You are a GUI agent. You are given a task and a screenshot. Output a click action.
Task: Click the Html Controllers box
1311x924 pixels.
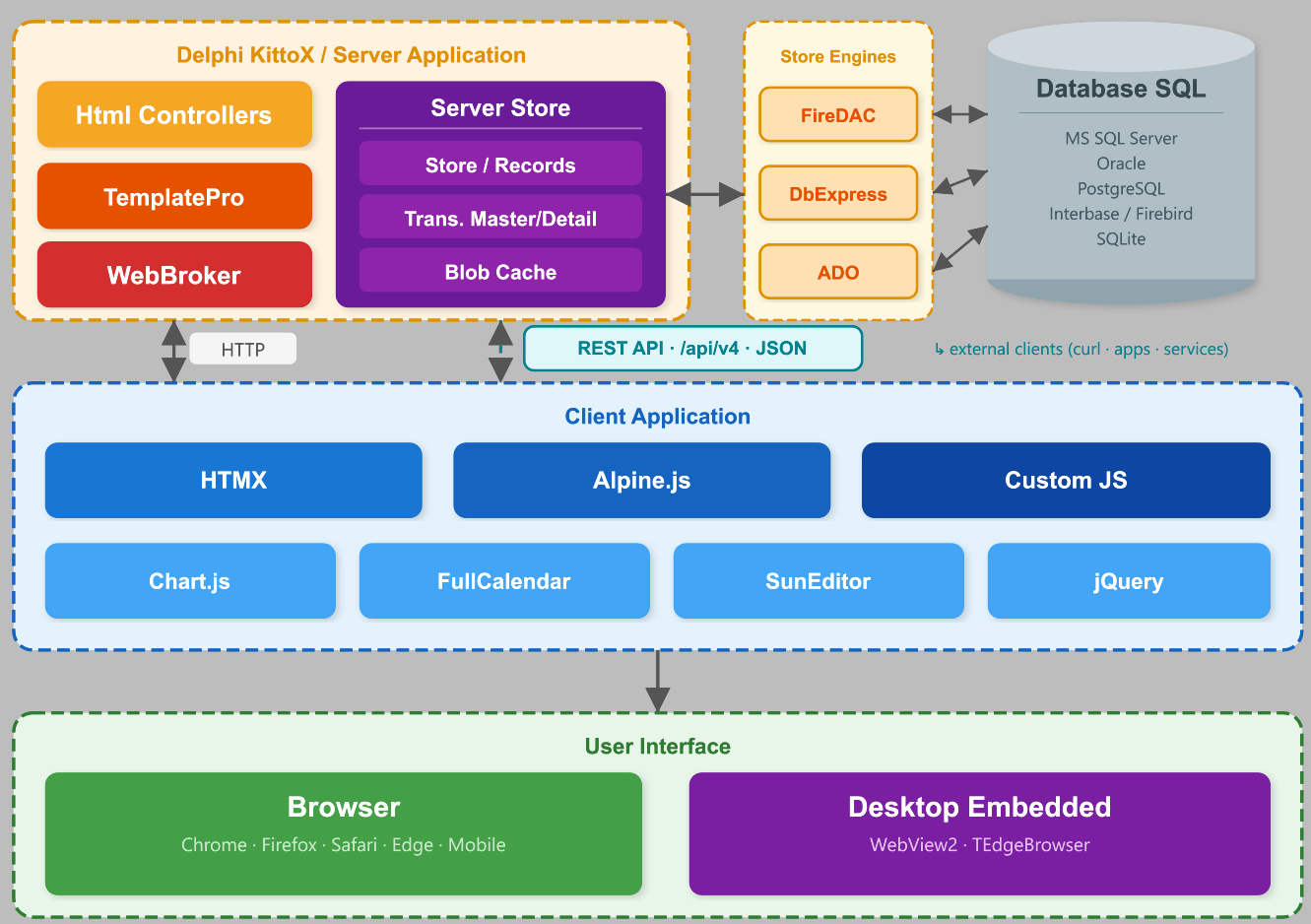(174, 114)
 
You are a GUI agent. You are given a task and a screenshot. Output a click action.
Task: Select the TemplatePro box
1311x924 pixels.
(174, 196)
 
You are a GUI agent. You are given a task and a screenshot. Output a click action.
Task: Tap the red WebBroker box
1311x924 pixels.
(174, 275)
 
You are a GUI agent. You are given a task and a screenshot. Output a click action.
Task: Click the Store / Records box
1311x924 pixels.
(500, 164)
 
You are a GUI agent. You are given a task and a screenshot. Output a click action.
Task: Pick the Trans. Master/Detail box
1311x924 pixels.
(500, 217)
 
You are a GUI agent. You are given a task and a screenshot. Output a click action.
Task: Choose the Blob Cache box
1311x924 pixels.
(500, 270)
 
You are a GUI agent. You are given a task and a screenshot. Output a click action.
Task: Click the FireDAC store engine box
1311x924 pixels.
(838, 114)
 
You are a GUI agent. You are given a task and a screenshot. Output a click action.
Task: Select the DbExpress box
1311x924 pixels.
(838, 193)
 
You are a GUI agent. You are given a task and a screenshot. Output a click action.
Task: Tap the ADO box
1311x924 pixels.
(838, 272)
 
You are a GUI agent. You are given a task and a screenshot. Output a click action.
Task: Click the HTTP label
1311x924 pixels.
(243, 349)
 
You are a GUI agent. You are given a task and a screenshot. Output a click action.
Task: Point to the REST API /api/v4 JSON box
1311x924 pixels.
(693, 348)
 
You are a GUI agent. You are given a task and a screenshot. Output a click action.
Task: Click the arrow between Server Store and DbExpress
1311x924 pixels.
(705, 194)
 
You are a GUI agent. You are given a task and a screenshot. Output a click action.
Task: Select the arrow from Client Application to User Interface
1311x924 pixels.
(658, 681)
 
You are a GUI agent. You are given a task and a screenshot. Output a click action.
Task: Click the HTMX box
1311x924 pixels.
(233, 480)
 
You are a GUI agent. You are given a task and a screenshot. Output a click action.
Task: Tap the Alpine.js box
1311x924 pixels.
(641, 480)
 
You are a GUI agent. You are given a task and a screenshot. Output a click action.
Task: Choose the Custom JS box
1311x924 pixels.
(1066, 480)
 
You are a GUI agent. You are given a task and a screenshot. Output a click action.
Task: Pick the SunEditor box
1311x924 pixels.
(819, 580)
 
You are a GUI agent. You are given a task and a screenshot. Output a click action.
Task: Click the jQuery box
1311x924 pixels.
(1129, 580)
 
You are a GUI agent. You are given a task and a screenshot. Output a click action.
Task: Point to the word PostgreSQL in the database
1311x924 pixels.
(1121, 188)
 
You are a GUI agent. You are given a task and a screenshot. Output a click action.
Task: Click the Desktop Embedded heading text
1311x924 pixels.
(980, 807)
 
